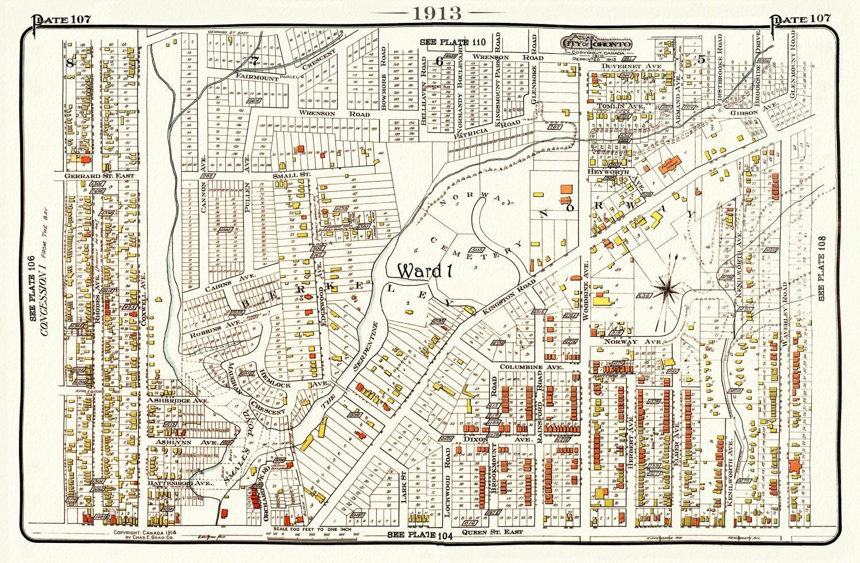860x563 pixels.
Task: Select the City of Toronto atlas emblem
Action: coord(597,45)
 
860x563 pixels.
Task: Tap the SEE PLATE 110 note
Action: coord(452,42)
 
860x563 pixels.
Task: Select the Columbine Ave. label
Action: coord(531,367)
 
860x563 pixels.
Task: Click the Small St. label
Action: coord(291,175)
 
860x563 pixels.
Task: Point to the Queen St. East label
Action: coord(498,532)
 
